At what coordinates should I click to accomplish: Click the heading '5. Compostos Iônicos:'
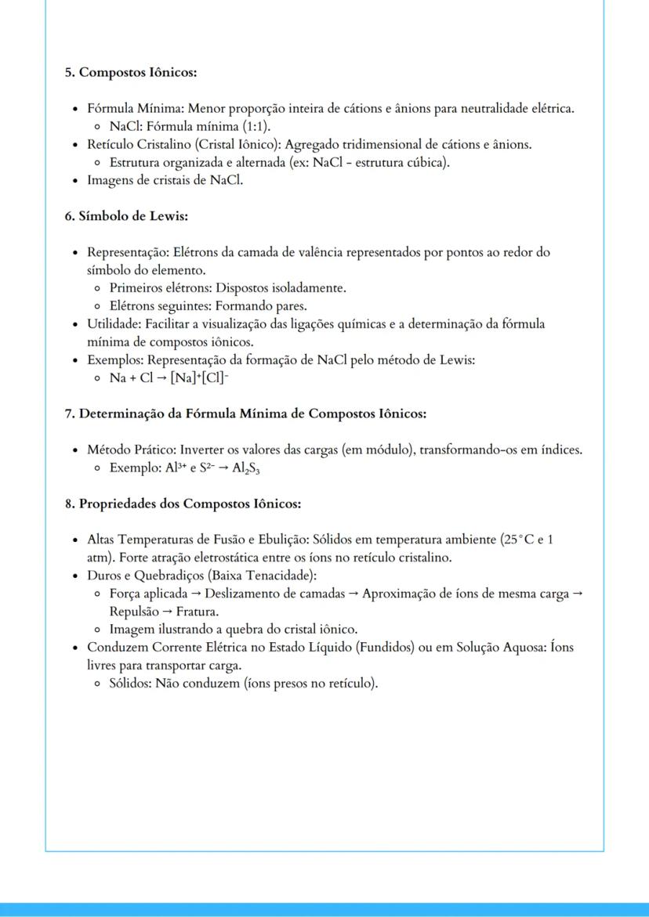coord(130,72)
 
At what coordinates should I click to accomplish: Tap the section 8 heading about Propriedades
coord(183,503)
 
